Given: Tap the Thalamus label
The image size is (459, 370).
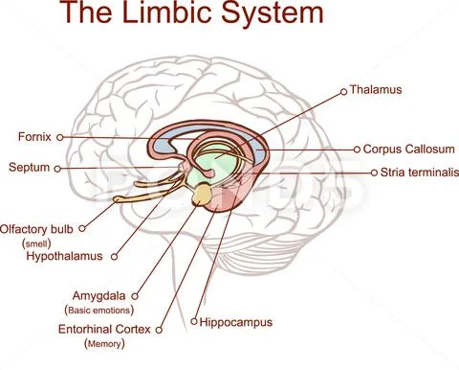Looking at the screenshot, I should tap(376, 90).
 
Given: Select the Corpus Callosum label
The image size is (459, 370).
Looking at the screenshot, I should tap(409, 150).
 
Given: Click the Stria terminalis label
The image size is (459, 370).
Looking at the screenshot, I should tap(415, 173).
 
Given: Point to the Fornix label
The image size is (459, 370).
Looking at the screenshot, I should tap(35, 137).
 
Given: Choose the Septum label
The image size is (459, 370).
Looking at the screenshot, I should tap(30, 168).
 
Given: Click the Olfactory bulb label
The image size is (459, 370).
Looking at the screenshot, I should tap(37, 229).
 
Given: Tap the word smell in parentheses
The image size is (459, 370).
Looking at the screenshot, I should tap(35, 243).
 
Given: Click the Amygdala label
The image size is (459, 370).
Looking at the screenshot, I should tap(99, 296).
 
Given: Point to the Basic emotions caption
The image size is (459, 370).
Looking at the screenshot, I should tap(98, 311).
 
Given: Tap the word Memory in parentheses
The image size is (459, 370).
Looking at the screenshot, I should tap(104, 343).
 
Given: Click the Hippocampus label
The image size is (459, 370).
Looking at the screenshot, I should tap(236, 322).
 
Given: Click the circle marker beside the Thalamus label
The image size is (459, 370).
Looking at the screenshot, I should tap(343, 91).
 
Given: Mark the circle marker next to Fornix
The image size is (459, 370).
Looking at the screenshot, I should tap(60, 137).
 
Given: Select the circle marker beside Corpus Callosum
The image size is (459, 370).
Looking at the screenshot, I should tap(357, 150).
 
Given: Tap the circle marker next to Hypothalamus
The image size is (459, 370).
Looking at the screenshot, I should tap(114, 257).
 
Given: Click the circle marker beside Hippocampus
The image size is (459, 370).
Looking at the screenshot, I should tap(194, 321).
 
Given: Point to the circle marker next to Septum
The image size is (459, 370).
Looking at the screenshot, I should tap(58, 168).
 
